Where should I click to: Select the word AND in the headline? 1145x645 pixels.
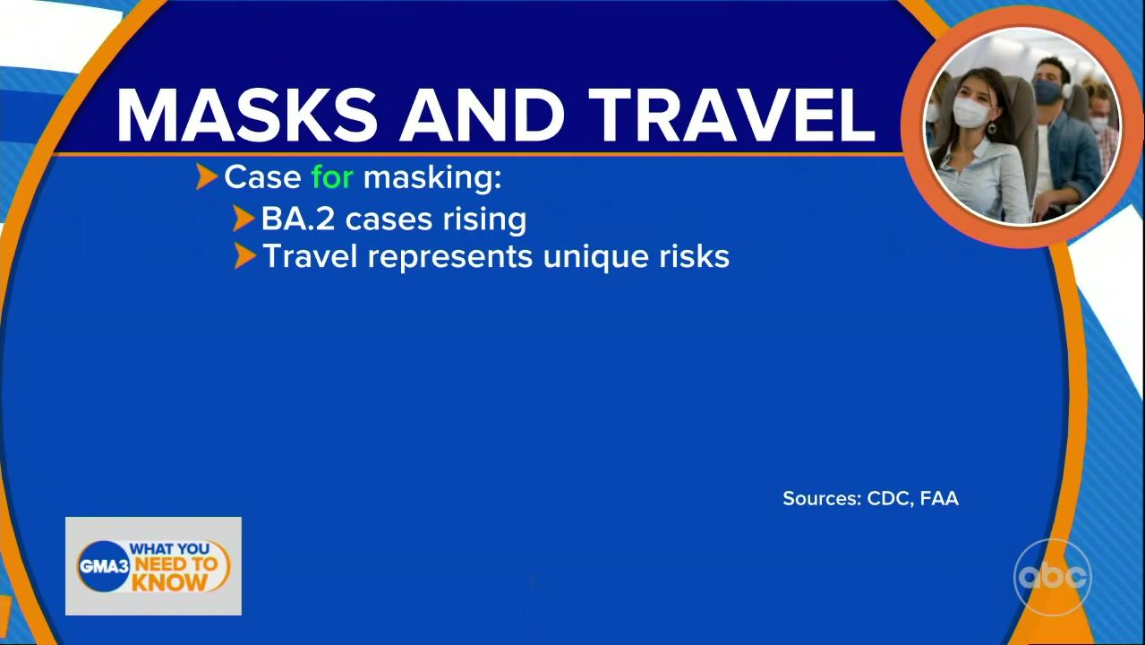point(482,115)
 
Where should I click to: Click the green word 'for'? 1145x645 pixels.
point(332,177)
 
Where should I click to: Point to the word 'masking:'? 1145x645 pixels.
point(432,178)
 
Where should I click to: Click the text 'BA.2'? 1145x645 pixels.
point(298,219)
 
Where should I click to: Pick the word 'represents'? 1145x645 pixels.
point(449,257)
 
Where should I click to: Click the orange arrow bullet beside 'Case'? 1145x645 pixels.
point(207,176)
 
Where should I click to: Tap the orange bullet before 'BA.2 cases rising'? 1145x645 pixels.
point(244,219)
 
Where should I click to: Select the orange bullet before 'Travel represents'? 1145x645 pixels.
point(245,255)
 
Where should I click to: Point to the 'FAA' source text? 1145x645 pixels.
point(939,498)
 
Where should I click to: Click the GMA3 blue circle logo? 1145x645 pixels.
point(104,566)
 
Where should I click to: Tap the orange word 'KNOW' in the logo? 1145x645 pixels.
point(169,582)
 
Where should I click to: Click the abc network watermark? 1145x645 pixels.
point(1053,577)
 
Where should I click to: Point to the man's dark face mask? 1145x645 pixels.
point(1047,92)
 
